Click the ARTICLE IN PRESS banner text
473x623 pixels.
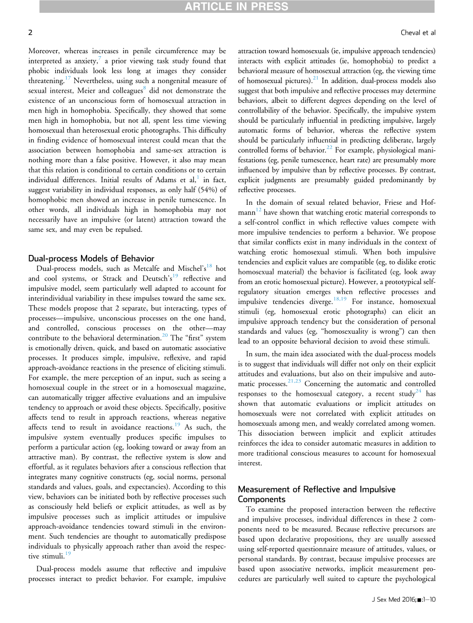point(236,7)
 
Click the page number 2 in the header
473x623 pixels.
point(30,33)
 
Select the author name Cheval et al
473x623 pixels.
point(418,33)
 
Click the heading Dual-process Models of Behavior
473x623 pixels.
point(91,258)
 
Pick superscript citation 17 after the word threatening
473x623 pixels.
point(67,78)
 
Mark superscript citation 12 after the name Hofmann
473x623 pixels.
point(261,210)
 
